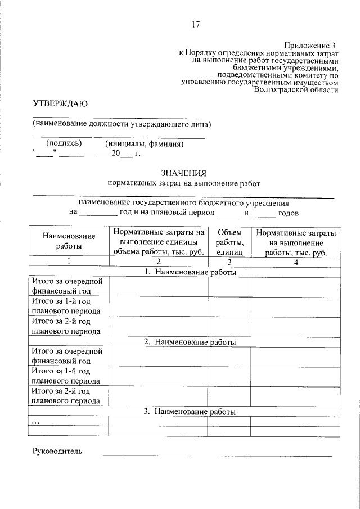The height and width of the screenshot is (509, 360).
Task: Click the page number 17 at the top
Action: coord(196,24)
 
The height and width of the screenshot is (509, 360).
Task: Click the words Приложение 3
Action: coord(309,44)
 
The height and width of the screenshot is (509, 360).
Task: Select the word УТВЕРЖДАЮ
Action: coord(60,103)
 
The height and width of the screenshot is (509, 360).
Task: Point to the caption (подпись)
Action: coord(64,143)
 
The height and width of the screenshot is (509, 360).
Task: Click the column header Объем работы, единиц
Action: coord(229,242)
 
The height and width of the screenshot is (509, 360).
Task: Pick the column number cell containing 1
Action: coord(69,262)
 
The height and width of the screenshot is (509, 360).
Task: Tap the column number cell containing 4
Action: coord(295,262)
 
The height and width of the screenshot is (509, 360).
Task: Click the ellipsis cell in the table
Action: coord(36,421)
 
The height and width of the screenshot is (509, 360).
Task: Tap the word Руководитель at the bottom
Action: coord(57,451)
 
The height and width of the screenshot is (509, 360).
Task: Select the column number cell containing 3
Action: coord(229,262)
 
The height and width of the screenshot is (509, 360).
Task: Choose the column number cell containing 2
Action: coord(158,262)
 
